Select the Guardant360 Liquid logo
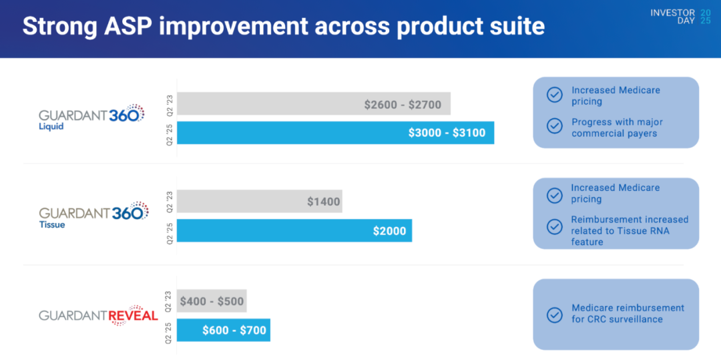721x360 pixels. [x=91, y=117]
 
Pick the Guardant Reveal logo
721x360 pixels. [x=98, y=315]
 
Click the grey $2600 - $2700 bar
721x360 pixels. [x=314, y=104]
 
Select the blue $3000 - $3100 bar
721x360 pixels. [x=335, y=132]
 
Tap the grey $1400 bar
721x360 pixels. [x=260, y=201]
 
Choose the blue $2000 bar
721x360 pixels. [x=294, y=230]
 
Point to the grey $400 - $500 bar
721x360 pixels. [x=212, y=301]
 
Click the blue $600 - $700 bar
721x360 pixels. [x=224, y=330]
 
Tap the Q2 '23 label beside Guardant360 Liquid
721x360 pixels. [x=170, y=104]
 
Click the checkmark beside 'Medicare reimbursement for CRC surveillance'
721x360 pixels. [x=554, y=315]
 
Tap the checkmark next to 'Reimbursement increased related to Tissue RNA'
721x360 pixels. [x=554, y=226]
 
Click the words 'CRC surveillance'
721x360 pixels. [x=626, y=319]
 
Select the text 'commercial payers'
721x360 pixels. [x=614, y=133]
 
